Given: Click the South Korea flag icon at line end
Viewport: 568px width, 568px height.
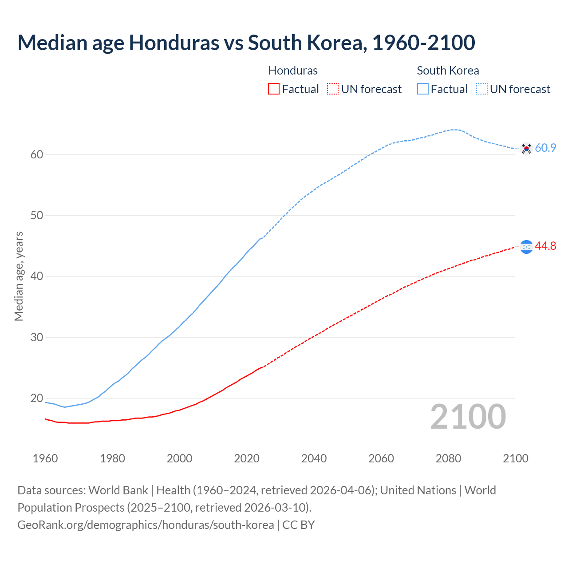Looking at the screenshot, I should click(x=526, y=148).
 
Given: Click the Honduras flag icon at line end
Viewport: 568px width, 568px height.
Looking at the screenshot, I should click(x=526, y=247).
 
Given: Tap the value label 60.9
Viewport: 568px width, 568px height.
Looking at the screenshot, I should click(x=545, y=148).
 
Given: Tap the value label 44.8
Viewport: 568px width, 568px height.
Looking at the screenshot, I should click(x=545, y=246).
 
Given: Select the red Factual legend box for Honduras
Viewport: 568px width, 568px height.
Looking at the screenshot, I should click(x=274, y=89).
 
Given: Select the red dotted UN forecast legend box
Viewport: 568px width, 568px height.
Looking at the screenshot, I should click(x=333, y=89).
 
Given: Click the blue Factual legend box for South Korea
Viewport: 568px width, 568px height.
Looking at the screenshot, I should click(x=423, y=89).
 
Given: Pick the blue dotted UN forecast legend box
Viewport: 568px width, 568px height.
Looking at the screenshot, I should click(x=482, y=89).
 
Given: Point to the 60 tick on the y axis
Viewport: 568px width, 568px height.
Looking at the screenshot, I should click(x=37, y=155).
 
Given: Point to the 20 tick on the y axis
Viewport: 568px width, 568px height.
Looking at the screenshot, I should click(x=37, y=398).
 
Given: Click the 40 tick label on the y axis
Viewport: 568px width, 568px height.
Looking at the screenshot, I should click(x=37, y=276).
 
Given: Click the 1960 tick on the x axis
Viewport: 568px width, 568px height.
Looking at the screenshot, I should click(x=45, y=458).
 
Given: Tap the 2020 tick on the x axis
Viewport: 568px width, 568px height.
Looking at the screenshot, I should click(x=247, y=458).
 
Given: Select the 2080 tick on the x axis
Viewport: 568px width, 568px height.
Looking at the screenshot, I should click(x=448, y=458).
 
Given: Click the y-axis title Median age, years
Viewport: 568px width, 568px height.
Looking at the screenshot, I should click(x=19, y=276).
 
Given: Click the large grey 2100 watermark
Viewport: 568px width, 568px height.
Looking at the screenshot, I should click(x=468, y=417).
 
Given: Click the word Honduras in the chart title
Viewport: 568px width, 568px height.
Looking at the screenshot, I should click(x=174, y=43).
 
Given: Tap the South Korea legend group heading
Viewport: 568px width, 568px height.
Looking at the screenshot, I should click(x=448, y=71).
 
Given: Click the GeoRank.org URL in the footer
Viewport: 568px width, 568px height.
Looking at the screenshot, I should click(x=146, y=525).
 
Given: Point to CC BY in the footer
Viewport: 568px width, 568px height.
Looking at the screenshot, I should click(x=299, y=525).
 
